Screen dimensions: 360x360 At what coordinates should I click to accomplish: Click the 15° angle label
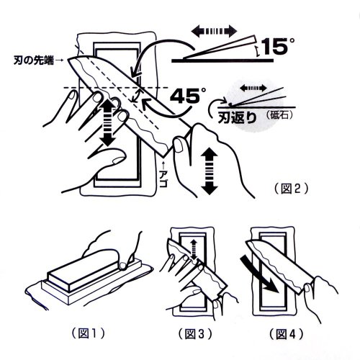click(x=278, y=46)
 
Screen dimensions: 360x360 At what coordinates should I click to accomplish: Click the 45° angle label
click(x=188, y=96)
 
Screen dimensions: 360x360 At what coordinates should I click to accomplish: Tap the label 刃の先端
click(x=33, y=60)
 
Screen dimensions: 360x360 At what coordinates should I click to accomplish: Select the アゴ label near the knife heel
click(x=163, y=179)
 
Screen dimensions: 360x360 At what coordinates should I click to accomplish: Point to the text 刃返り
click(x=237, y=117)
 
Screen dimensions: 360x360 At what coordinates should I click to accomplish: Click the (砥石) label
click(x=279, y=116)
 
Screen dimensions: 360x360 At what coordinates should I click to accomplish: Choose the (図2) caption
click(x=291, y=189)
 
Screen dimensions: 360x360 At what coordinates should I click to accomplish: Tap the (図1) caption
click(x=89, y=333)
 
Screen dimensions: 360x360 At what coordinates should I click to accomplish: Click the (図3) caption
click(x=195, y=333)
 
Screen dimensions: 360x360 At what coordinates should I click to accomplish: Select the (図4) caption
click(x=286, y=333)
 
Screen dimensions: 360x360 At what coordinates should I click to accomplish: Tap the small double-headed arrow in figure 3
click(x=194, y=250)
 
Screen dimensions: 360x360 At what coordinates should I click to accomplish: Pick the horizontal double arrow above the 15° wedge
click(x=215, y=31)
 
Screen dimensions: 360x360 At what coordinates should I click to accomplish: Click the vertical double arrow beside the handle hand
click(x=209, y=171)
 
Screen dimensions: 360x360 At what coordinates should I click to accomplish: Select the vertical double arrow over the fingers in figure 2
click(x=108, y=122)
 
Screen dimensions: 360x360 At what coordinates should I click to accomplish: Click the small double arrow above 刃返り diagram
click(x=253, y=88)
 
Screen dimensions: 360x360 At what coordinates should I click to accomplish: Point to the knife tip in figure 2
click(x=68, y=60)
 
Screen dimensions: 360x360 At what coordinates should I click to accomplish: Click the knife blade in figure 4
click(x=279, y=265)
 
